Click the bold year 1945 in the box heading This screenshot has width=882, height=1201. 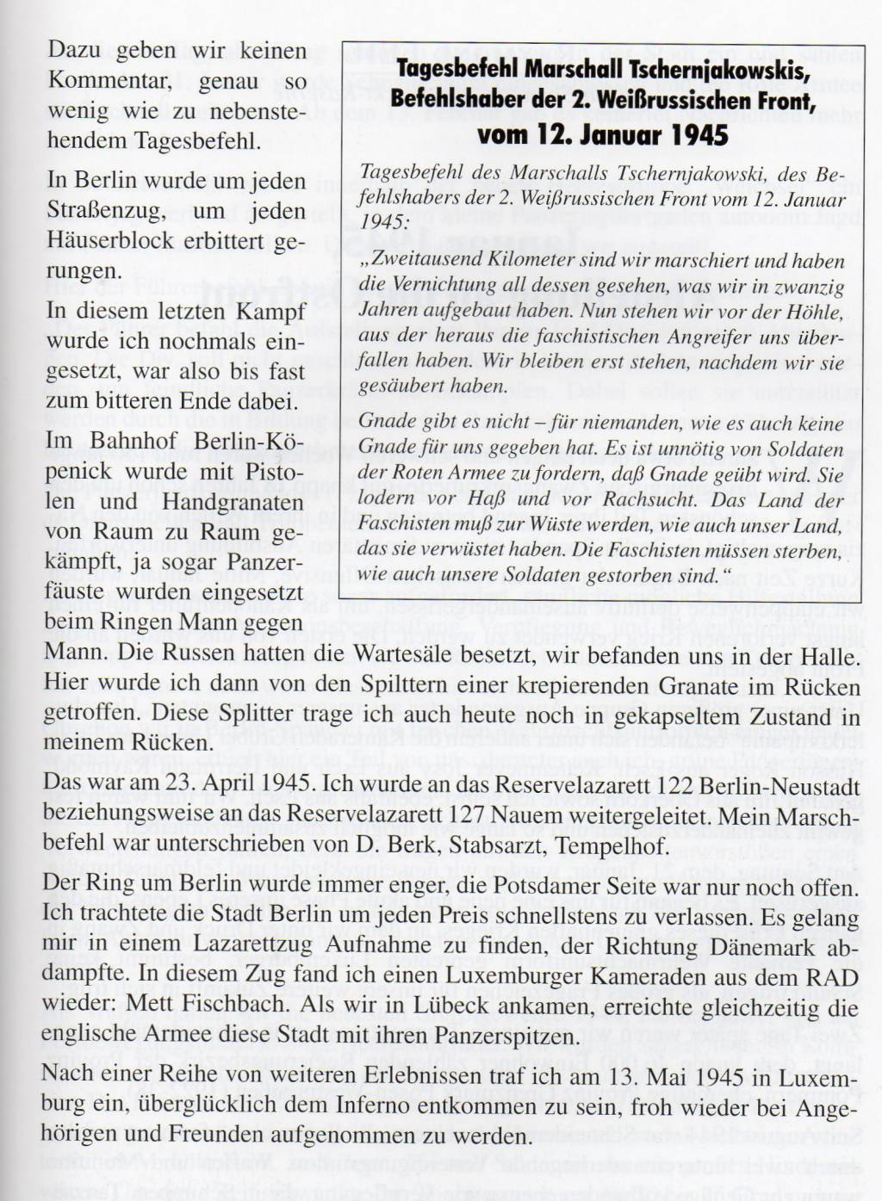point(690,136)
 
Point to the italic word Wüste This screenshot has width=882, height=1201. point(534,525)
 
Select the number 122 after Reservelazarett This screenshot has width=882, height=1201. point(674,787)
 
